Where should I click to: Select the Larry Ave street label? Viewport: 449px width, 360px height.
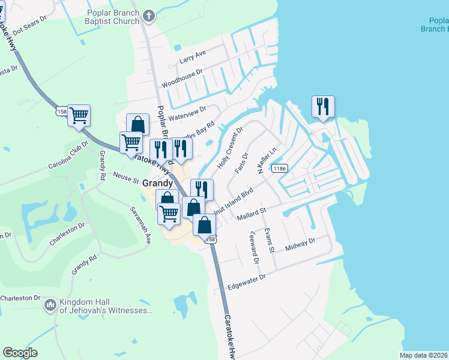point(193,58)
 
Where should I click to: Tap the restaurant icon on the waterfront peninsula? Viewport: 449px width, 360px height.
point(323,107)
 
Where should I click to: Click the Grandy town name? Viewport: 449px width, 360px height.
point(158,183)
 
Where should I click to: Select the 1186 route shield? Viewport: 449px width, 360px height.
point(279,169)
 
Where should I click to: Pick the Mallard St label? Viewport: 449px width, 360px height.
point(251,213)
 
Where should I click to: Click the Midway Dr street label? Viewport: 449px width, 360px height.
point(300,244)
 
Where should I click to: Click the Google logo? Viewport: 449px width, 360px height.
point(20,353)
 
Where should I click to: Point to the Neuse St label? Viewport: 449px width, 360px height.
point(126,178)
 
